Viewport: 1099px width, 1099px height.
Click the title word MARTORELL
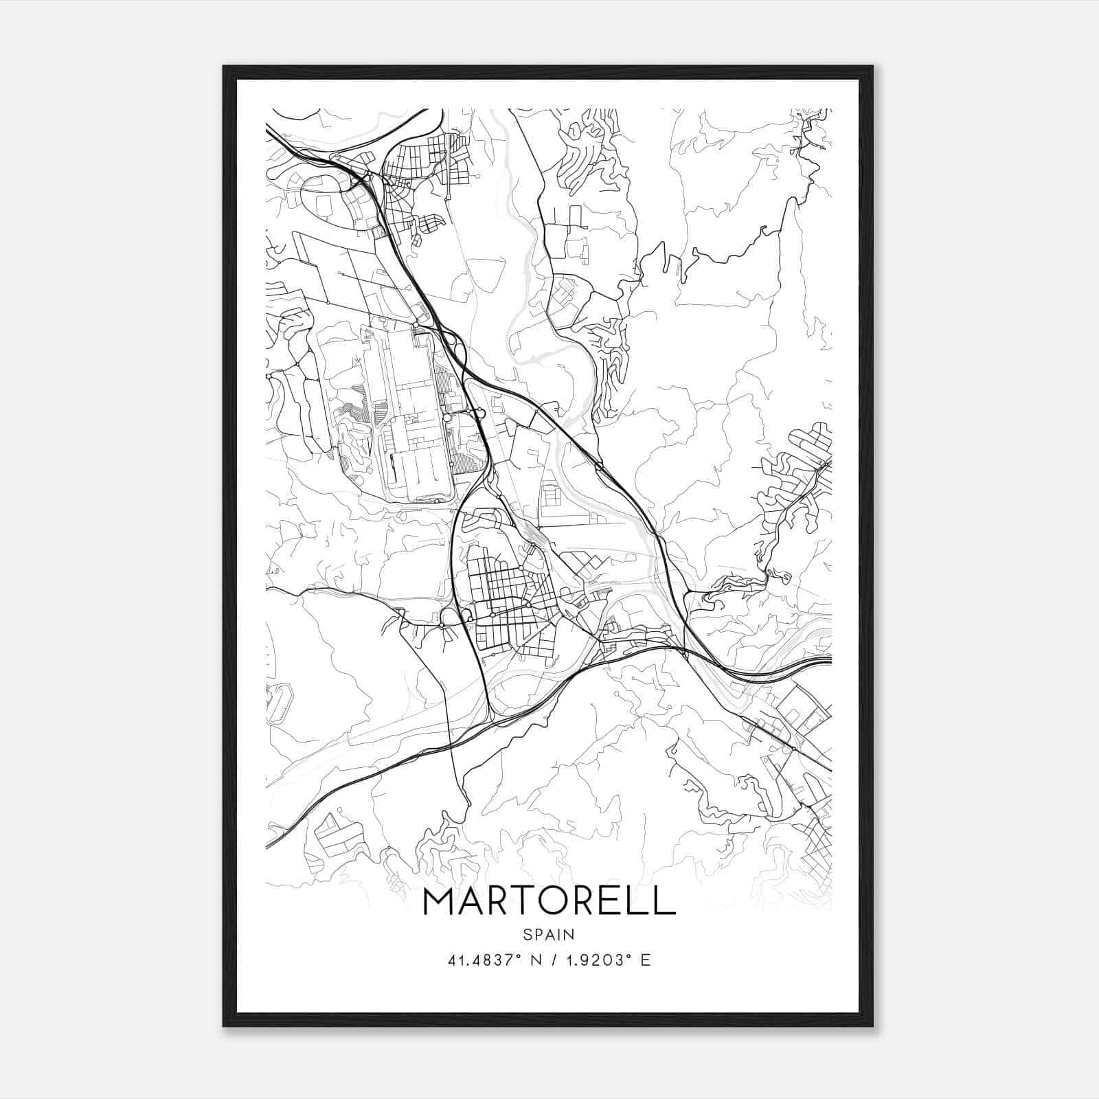pyautogui.click(x=549, y=901)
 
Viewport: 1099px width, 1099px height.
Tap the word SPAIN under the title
pyautogui.click(x=549, y=934)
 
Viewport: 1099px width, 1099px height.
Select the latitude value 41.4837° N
pyautogui.click(x=487, y=960)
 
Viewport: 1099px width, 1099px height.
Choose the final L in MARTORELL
pyautogui.click(x=663, y=901)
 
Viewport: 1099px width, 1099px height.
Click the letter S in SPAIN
pyautogui.click(x=527, y=934)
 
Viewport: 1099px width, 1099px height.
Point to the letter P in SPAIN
pyautogui.click(x=537, y=934)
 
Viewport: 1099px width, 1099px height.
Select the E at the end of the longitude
pyautogui.click(x=645, y=960)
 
